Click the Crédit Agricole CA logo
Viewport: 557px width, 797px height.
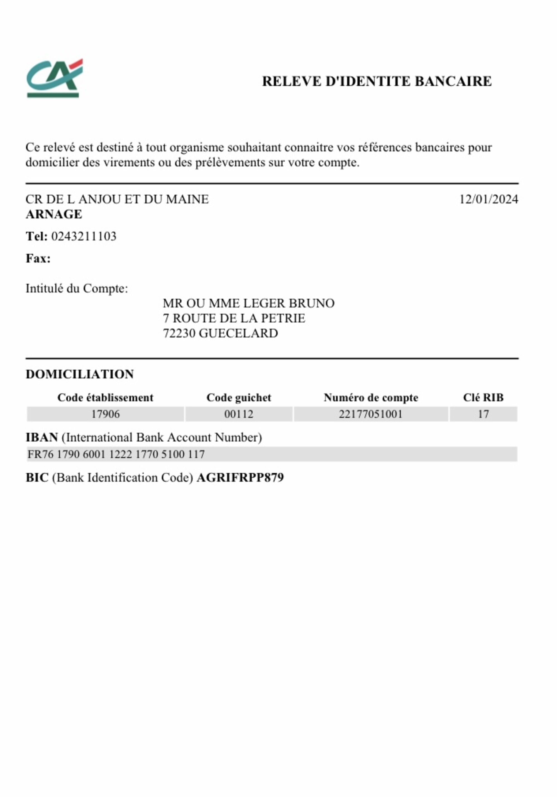click(55, 78)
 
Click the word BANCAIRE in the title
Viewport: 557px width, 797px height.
click(453, 82)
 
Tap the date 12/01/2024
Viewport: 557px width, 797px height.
click(488, 199)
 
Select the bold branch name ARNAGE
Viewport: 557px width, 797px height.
click(54, 214)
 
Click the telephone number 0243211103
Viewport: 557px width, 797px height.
click(84, 236)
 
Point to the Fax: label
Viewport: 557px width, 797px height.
click(38, 259)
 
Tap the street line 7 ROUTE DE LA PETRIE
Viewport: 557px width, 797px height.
click(234, 318)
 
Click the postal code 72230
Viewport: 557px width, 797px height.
click(179, 333)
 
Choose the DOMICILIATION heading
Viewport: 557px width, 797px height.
click(80, 374)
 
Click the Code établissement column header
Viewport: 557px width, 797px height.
click(105, 397)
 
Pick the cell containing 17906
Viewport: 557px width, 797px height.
click(105, 414)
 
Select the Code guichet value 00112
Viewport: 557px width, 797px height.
click(239, 414)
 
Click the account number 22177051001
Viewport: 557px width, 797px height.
click(370, 414)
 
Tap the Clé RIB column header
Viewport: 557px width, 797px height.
click(483, 397)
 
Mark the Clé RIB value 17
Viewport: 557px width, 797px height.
click(483, 414)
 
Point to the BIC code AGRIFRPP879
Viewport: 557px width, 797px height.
click(240, 478)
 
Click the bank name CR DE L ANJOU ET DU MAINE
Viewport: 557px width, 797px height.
click(117, 199)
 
